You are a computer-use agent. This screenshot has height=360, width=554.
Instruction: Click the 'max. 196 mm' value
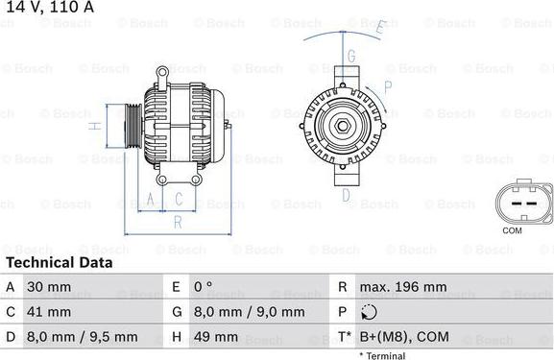coord(402,287)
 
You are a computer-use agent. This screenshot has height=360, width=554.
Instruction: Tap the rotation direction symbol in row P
coord(372,312)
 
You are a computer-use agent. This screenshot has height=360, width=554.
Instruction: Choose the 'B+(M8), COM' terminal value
coord(403,337)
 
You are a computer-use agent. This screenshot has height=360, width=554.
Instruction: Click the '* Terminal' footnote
coord(382,355)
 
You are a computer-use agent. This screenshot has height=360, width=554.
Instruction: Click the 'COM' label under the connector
coord(513,231)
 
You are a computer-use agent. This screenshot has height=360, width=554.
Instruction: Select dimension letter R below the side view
coord(176,222)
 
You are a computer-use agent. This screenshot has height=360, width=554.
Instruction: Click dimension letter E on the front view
coord(380,28)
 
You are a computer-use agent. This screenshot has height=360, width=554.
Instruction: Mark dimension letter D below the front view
coord(343,192)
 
